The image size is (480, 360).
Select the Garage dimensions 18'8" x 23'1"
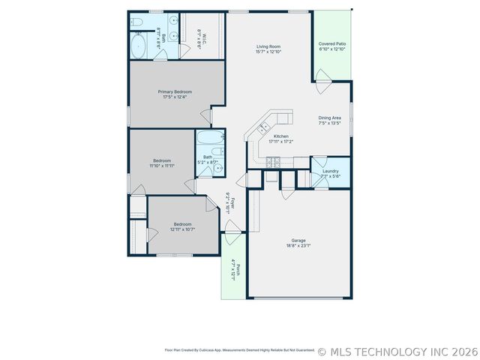tap(298, 245)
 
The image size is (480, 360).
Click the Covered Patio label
tap(331, 44)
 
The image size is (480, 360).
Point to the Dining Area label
tap(330, 118)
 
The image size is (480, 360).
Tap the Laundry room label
tap(331, 171)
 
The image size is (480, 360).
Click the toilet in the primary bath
tap(137, 23)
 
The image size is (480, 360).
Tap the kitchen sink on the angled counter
tap(265, 128)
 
